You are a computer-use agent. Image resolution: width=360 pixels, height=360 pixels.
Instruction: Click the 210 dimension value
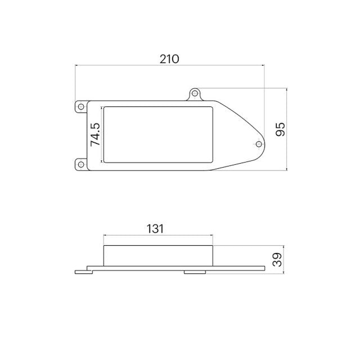click(x=169, y=59)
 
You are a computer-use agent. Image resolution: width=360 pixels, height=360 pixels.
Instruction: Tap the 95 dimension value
click(x=280, y=129)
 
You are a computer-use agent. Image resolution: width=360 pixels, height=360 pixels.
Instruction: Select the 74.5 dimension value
click(x=95, y=134)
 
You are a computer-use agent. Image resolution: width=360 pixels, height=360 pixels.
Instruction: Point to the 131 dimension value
click(x=155, y=229)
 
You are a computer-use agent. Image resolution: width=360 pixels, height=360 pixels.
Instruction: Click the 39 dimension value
click(x=277, y=259)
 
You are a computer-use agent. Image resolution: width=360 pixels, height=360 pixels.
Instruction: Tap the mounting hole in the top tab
click(x=195, y=93)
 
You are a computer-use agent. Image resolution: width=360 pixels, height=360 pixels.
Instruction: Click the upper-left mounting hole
click(x=81, y=106)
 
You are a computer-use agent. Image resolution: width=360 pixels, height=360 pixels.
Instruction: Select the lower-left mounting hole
click(x=81, y=164)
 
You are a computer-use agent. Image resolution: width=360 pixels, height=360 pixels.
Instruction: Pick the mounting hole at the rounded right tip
click(x=259, y=144)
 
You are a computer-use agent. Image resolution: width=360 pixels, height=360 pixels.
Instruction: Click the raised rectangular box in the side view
click(x=158, y=256)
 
